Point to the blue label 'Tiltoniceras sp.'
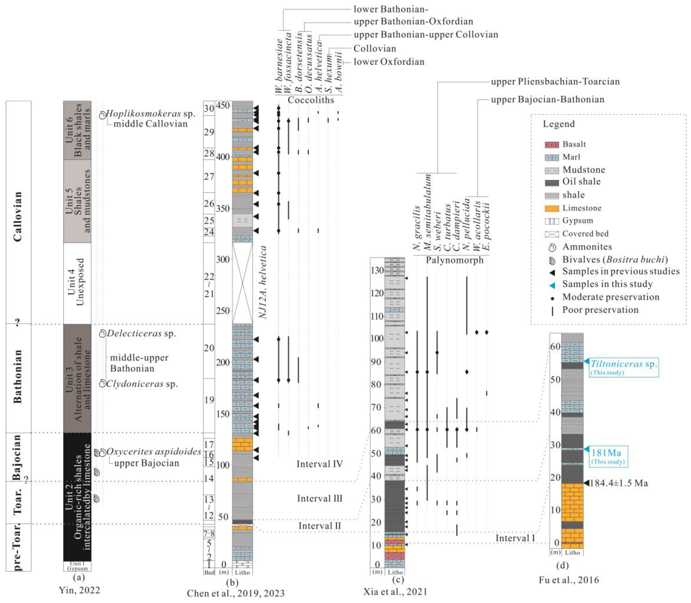[624, 364]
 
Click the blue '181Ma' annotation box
[608, 456]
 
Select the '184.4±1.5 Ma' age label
[619, 483]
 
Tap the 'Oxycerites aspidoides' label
[153, 452]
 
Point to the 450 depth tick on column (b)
[223, 106]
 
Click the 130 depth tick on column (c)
[377, 270]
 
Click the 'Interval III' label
[319, 498]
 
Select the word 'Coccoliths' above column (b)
[311, 100]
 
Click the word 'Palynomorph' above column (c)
[454, 260]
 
